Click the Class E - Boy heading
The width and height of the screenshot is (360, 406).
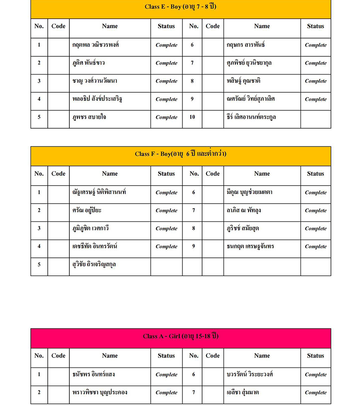pyautogui.click(x=180, y=7)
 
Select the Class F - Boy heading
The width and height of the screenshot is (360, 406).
pyautogui.click(x=180, y=154)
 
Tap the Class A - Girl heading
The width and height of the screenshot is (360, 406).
pyautogui.click(x=180, y=336)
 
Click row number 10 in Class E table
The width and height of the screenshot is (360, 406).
pyautogui.click(x=192, y=117)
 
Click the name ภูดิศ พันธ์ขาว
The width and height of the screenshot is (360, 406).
pyautogui.click(x=89, y=63)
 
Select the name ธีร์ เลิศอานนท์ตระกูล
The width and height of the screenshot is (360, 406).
pyautogui.click(x=252, y=117)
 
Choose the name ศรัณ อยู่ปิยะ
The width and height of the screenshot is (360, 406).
pyautogui.click(x=87, y=210)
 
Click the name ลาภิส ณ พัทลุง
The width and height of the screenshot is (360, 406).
pyautogui.click(x=244, y=210)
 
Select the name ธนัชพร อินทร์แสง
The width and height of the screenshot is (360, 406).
pyautogui.click(x=94, y=374)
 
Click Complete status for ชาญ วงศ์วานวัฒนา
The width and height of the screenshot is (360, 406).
pyautogui.click(x=167, y=81)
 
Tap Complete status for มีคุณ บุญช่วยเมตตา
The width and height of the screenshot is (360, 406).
pyautogui.click(x=315, y=192)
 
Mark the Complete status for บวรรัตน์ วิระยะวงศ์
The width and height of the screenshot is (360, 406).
pyautogui.click(x=315, y=374)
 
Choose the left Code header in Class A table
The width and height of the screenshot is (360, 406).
pyautogui.click(x=58, y=356)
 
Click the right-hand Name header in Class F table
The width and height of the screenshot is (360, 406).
pyautogui.click(x=262, y=174)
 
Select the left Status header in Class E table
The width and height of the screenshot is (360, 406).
pyautogui.click(x=166, y=26)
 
